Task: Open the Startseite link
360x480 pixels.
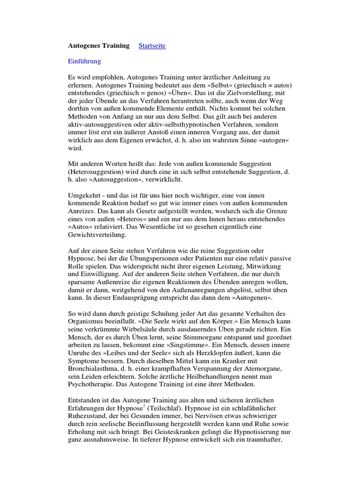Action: point(152,45)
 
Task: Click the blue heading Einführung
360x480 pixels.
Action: point(84,61)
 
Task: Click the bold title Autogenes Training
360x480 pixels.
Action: point(99,45)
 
